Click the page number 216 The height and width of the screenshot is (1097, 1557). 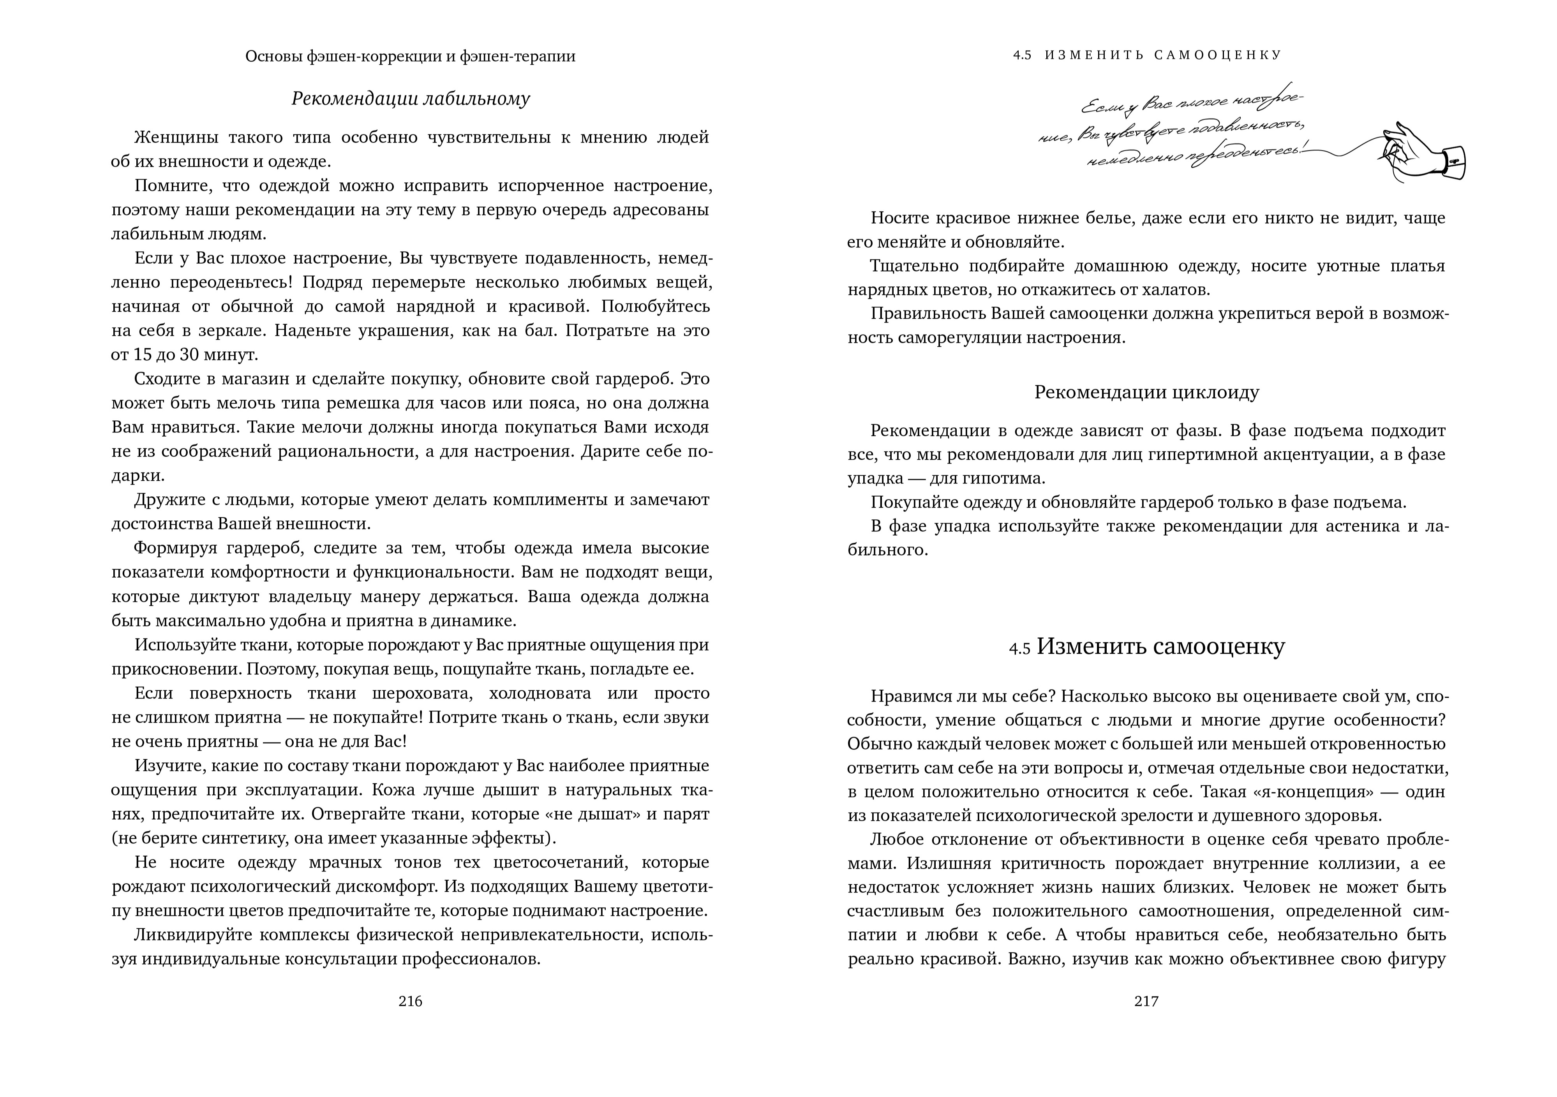[410, 1002]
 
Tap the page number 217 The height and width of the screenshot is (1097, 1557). [1146, 1002]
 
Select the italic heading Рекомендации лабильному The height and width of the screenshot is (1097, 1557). [410, 99]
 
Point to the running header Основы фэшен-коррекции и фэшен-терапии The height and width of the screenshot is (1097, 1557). [410, 56]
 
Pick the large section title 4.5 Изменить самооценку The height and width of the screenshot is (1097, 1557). [1146, 647]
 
